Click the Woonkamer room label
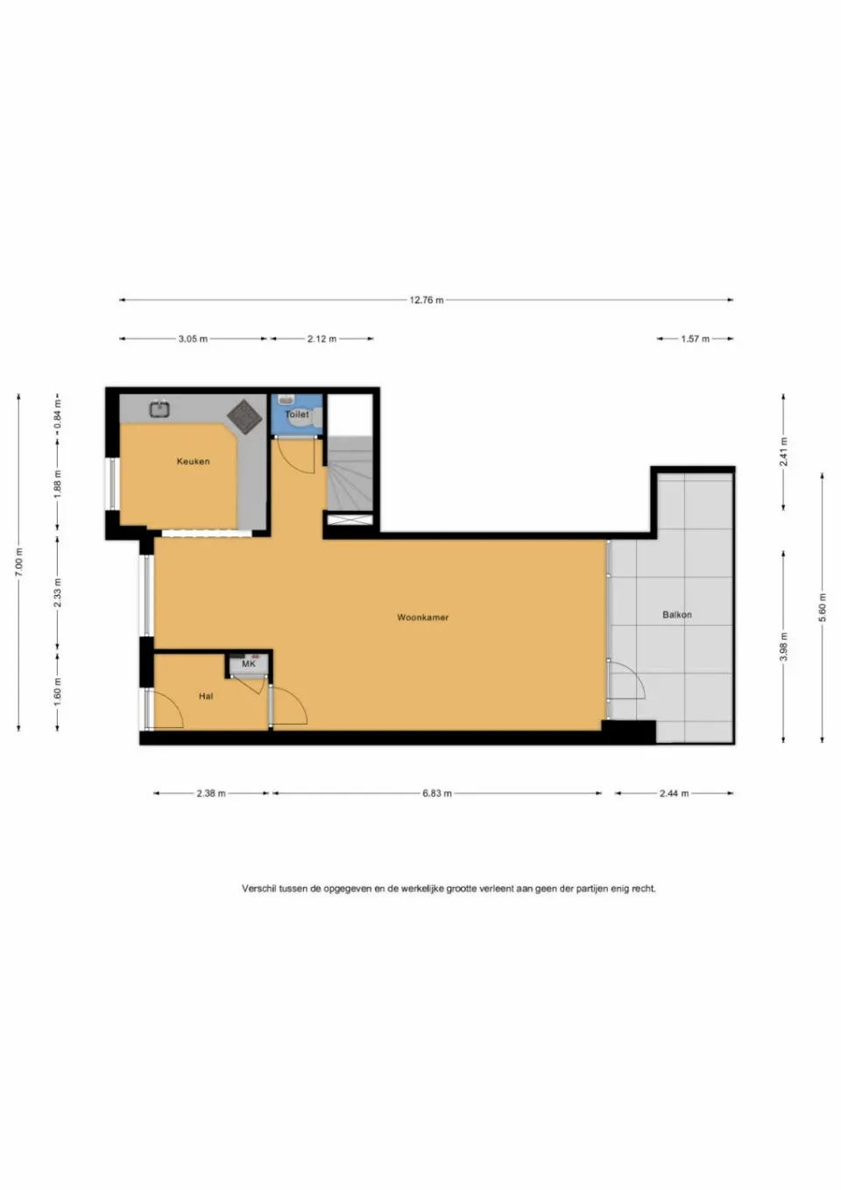[x=422, y=618]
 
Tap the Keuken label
[x=193, y=461]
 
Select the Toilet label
[x=297, y=414]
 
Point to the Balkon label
[x=676, y=615]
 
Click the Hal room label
[x=206, y=697]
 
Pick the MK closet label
[x=249, y=664]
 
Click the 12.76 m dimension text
[x=427, y=300]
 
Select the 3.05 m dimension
[x=193, y=338]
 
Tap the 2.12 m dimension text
[x=322, y=338]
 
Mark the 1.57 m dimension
[x=696, y=338]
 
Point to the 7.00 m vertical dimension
[x=19, y=562]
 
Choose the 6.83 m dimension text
[x=437, y=793]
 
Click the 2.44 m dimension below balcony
[x=674, y=793]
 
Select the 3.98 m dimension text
[x=783, y=647]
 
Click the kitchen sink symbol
[x=159, y=408]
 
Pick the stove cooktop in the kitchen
[x=245, y=415]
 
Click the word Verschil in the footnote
[x=258, y=889]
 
